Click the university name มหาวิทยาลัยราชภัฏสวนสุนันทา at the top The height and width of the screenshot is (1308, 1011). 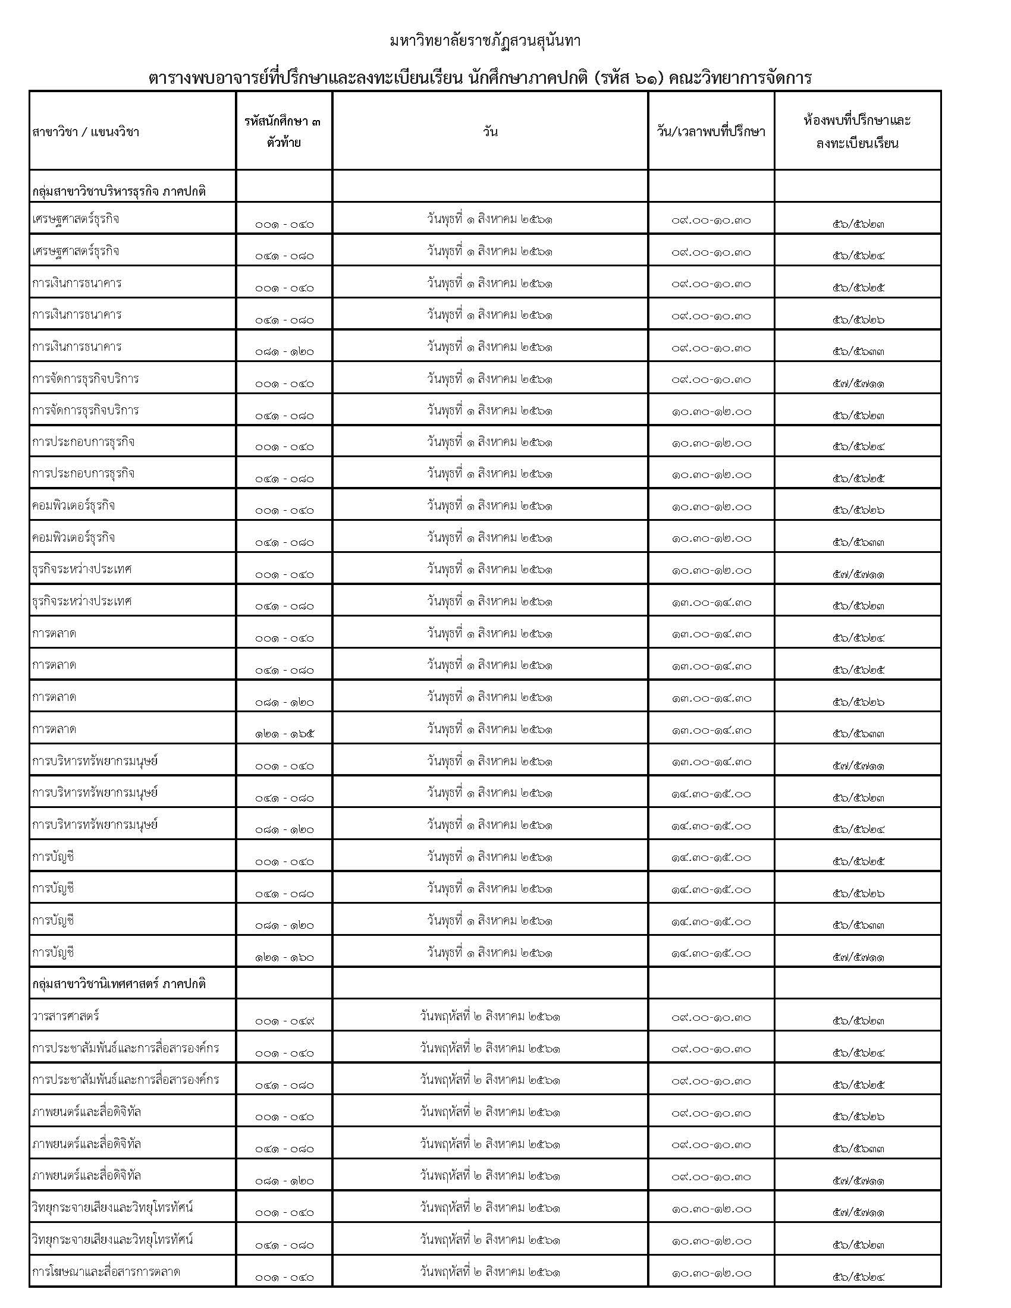pyautogui.click(x=485, y=42)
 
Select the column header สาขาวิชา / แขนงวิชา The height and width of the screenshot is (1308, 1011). pyautogui.click(x=86, y=132)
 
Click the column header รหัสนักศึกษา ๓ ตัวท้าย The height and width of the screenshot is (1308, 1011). pyautogui.click(x=284, y=132)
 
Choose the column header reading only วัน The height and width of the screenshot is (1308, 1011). pyautogui.click(x=490, y=132)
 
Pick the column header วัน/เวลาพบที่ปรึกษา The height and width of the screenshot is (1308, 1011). pyautogui.click(x=711, y=132)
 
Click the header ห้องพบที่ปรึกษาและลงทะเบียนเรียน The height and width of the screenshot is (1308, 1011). pyautogui.click(x=857, y=132)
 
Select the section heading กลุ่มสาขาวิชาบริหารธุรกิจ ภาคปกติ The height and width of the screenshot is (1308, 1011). pyautogui.click(x=118, y=191)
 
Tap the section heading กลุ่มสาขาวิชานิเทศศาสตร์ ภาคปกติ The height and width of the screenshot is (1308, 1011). pyautogui.click(x=118, y=983)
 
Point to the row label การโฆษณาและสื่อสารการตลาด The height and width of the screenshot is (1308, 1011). pyautogui.click(x=106, y=1271)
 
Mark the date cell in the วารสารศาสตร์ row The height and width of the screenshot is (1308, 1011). pyautogui.click(x=490, y=1016)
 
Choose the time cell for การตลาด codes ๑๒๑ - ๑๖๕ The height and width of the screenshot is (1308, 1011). pyautogui.click(x=711, y=730)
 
